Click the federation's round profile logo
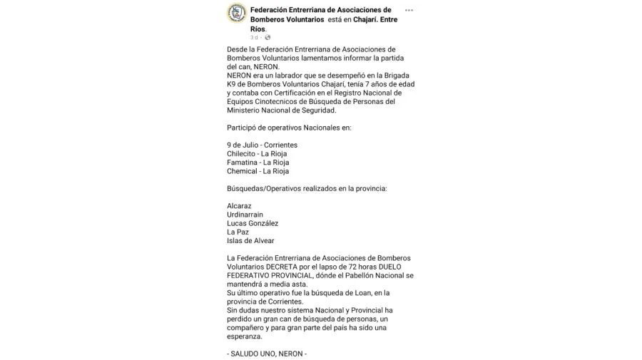(237, 13)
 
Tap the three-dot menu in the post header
(409, 10)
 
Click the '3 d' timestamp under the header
(254, 37)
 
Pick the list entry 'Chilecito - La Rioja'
(258, 154)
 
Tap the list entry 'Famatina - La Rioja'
(258, 163)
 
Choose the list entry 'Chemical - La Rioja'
(258, 171)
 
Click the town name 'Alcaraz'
(240, 206)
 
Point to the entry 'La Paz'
(237, 232)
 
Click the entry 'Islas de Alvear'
(250, 241)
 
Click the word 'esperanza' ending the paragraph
(245, 336)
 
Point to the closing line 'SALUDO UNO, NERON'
(267, 354)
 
